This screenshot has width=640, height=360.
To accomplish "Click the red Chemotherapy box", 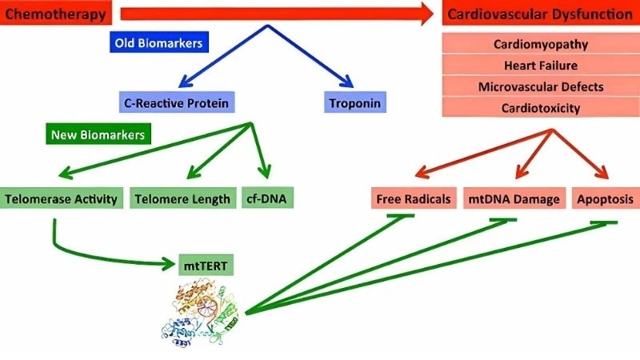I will tap(57, 13).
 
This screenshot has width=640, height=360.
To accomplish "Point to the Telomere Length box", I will tap(182, 198).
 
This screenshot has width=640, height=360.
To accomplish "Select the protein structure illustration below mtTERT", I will tap(201, 312).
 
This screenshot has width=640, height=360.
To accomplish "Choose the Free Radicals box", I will tap(414, 198).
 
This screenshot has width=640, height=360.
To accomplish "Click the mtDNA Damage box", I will tap(514, 198).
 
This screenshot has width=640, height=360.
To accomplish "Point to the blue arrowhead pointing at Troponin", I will tap(347, 82).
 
